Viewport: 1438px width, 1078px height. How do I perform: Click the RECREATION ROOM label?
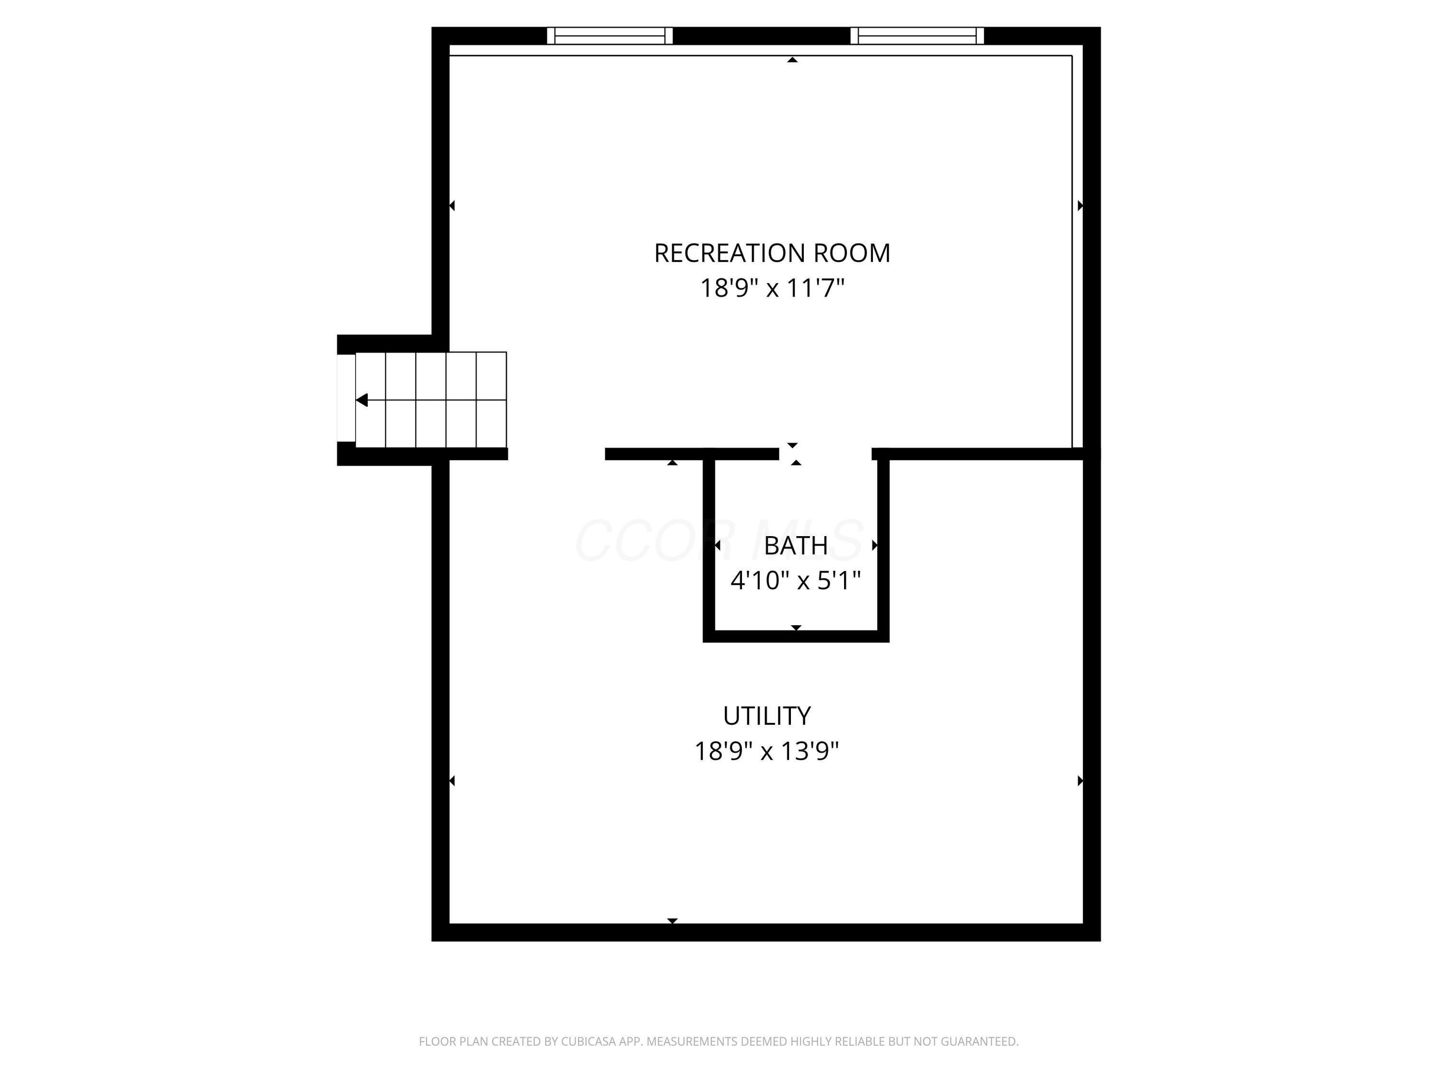point(772,253)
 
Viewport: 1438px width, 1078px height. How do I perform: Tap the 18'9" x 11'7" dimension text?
point(772,288)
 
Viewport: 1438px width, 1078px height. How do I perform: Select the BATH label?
point(796,546)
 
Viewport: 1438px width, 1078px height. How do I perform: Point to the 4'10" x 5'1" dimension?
point(796,580)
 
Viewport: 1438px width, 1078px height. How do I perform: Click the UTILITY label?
point(766,716)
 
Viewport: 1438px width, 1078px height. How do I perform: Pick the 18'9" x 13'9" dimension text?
point(766,751)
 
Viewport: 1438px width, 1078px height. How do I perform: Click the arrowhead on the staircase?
point(362,400)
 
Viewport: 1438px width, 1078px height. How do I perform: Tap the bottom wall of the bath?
point(796,636)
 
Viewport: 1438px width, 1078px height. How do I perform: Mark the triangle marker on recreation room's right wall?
point(1080,206)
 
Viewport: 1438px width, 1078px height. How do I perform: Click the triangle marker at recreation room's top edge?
point(792,60)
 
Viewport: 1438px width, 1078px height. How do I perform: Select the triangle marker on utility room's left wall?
point(452,780)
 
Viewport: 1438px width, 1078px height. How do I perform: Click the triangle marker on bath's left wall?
point(717,545)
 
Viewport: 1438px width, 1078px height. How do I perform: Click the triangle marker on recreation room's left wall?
point(452,206)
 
